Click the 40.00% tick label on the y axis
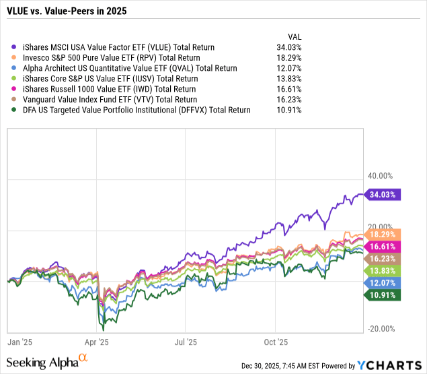click(x=379, y=176)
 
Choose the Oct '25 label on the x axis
click(x=276, y=342)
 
